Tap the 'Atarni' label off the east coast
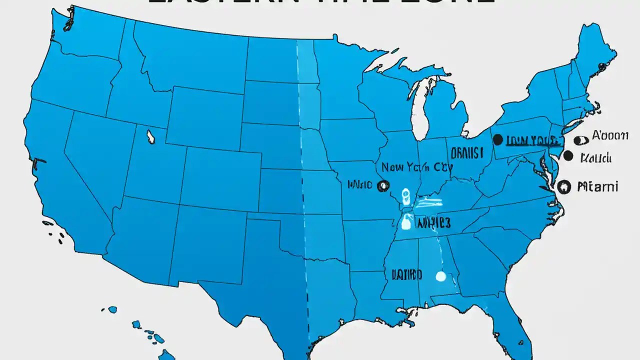click(597, 187)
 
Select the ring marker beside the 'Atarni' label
click(563, 186)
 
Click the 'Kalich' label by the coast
click(595, 158)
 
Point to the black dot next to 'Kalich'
click(567, 155)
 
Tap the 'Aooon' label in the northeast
click(610, 135)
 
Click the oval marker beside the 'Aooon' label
click(580, 140)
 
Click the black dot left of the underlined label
click(497, 140)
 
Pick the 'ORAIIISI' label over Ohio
click(467, 152)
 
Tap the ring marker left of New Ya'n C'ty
click(383, 185)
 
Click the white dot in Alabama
click(440, 275)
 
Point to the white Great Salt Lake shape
click(149, 136)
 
